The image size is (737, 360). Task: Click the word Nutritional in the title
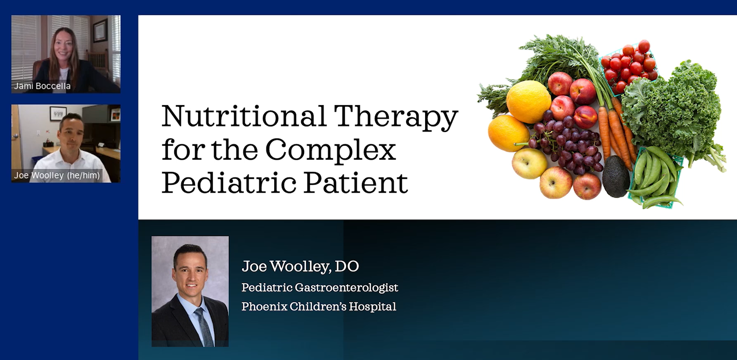pos(244,116)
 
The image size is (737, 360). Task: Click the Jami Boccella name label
pos(42,86)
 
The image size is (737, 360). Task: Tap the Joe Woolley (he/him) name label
pos(57,175)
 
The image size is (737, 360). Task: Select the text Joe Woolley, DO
pos(300,266)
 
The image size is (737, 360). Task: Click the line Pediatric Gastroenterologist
pos(320,288)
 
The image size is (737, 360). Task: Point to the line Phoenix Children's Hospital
pos(319,306)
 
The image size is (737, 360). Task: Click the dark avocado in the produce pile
pos(616,176)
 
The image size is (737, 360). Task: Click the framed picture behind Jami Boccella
pos(100,30)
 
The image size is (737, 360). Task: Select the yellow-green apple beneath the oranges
pos(529,164)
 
